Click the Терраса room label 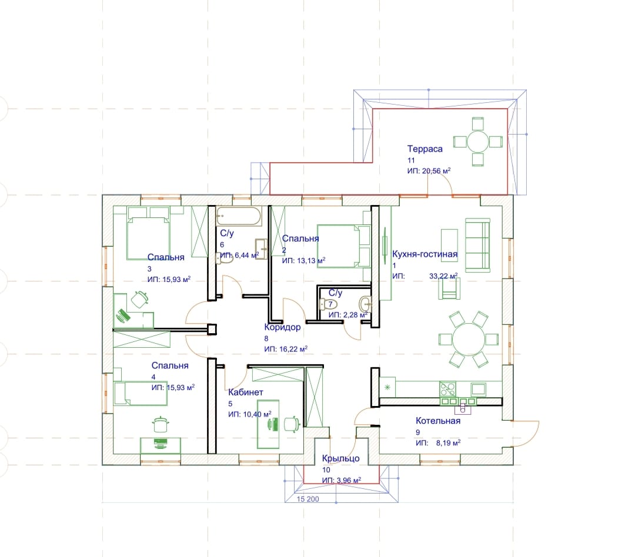[x=425, y=149]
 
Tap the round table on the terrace [x=478, y=141]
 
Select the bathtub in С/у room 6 [x=239, y=216]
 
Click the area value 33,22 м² [x=443, y=276]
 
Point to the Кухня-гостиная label [x=425, y=254]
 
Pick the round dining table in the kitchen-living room [x=469, y=339]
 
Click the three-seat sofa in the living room [x=477, y=246]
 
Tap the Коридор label [x=282, y=327]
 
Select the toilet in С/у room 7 [x=329, y=304]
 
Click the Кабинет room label [x=245, y=392]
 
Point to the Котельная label [x=438, y=421]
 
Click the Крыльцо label [x=340, y=459]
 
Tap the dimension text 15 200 [x=308, y=499]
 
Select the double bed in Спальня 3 [x=148, y=233]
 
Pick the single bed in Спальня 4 [x=141, y=393]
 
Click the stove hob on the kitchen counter [x=447, y=389]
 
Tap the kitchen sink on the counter [x=478, y=390]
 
